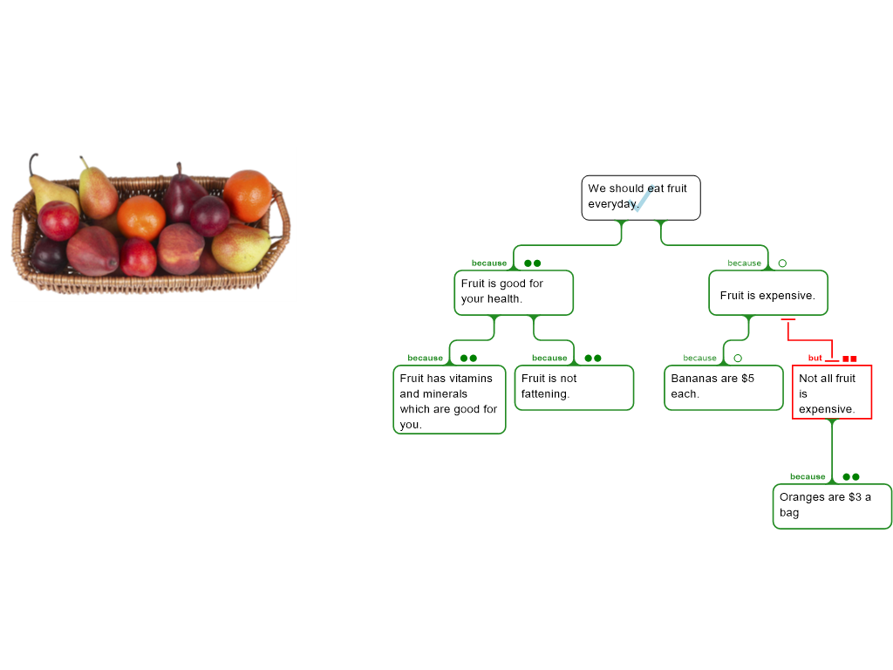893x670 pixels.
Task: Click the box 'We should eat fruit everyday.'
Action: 641,198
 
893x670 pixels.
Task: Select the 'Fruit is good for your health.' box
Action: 514,292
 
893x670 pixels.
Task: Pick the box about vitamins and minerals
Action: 449,400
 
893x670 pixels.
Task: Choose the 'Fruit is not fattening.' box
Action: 574,387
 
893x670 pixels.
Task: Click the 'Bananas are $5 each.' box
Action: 723,387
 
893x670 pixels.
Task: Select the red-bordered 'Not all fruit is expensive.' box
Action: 832,393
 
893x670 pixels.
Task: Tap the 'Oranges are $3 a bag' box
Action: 832,506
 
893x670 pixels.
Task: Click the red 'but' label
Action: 815,358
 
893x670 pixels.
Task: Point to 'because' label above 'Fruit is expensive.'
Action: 745,263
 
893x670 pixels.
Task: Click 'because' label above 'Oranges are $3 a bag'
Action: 808,476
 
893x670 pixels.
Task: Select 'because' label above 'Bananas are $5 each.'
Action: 700,358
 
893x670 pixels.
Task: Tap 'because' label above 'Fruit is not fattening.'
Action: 549,358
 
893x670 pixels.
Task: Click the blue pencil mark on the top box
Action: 644,198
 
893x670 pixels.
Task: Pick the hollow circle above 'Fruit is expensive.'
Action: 782,263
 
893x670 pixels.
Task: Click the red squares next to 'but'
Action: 849,359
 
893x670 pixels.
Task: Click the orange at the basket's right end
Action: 248,195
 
